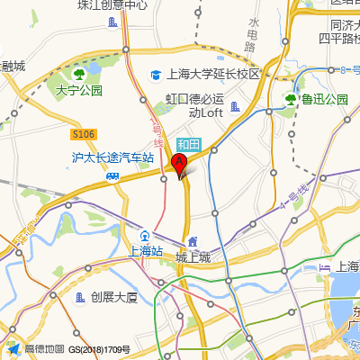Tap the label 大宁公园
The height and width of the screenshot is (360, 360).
click(x=79, y=90)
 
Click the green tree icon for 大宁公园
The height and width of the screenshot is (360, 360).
click(x=79, y=73)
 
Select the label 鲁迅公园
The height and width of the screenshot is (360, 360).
click(x=324, y=99)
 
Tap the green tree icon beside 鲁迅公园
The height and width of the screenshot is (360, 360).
click(x=291, y=99)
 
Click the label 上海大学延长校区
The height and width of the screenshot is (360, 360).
click(x=213, y=75)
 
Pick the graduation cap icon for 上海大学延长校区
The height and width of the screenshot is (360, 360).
click(x=157, y=76)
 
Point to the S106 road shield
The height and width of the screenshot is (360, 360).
click(x=83, y=135)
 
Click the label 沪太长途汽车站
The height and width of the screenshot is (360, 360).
click(x=112, y=157)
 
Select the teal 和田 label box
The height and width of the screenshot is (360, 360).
click(x=188, y=144)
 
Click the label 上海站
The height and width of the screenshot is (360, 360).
click(x=145, y=251)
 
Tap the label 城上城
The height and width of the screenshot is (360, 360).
click(x=192, y=257)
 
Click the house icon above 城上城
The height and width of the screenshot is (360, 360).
click(x=192, y=241)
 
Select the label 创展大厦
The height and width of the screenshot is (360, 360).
click(x=114, y=297)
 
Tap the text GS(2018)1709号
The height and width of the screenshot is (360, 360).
click(x=99, y=349)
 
